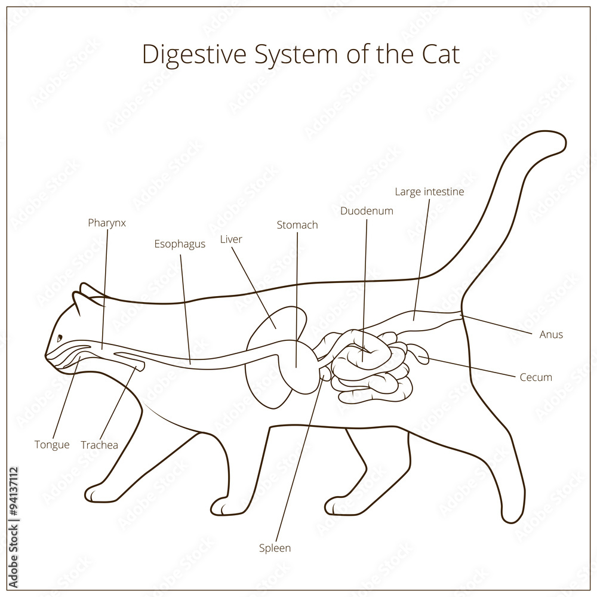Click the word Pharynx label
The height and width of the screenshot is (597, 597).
107,223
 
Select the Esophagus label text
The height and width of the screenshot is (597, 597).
180,244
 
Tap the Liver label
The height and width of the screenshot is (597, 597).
231,239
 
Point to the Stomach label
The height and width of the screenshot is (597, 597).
297,225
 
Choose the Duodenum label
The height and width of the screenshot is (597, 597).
367,211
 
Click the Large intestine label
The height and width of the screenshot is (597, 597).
429,192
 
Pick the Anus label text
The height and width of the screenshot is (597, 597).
551,334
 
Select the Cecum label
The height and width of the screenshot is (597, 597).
536,377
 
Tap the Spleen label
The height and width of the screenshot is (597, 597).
275,547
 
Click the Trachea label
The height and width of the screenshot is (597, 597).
99,445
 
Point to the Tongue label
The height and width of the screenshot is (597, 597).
52,445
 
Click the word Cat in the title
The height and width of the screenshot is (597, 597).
439,54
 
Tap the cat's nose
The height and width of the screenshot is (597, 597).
47,356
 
